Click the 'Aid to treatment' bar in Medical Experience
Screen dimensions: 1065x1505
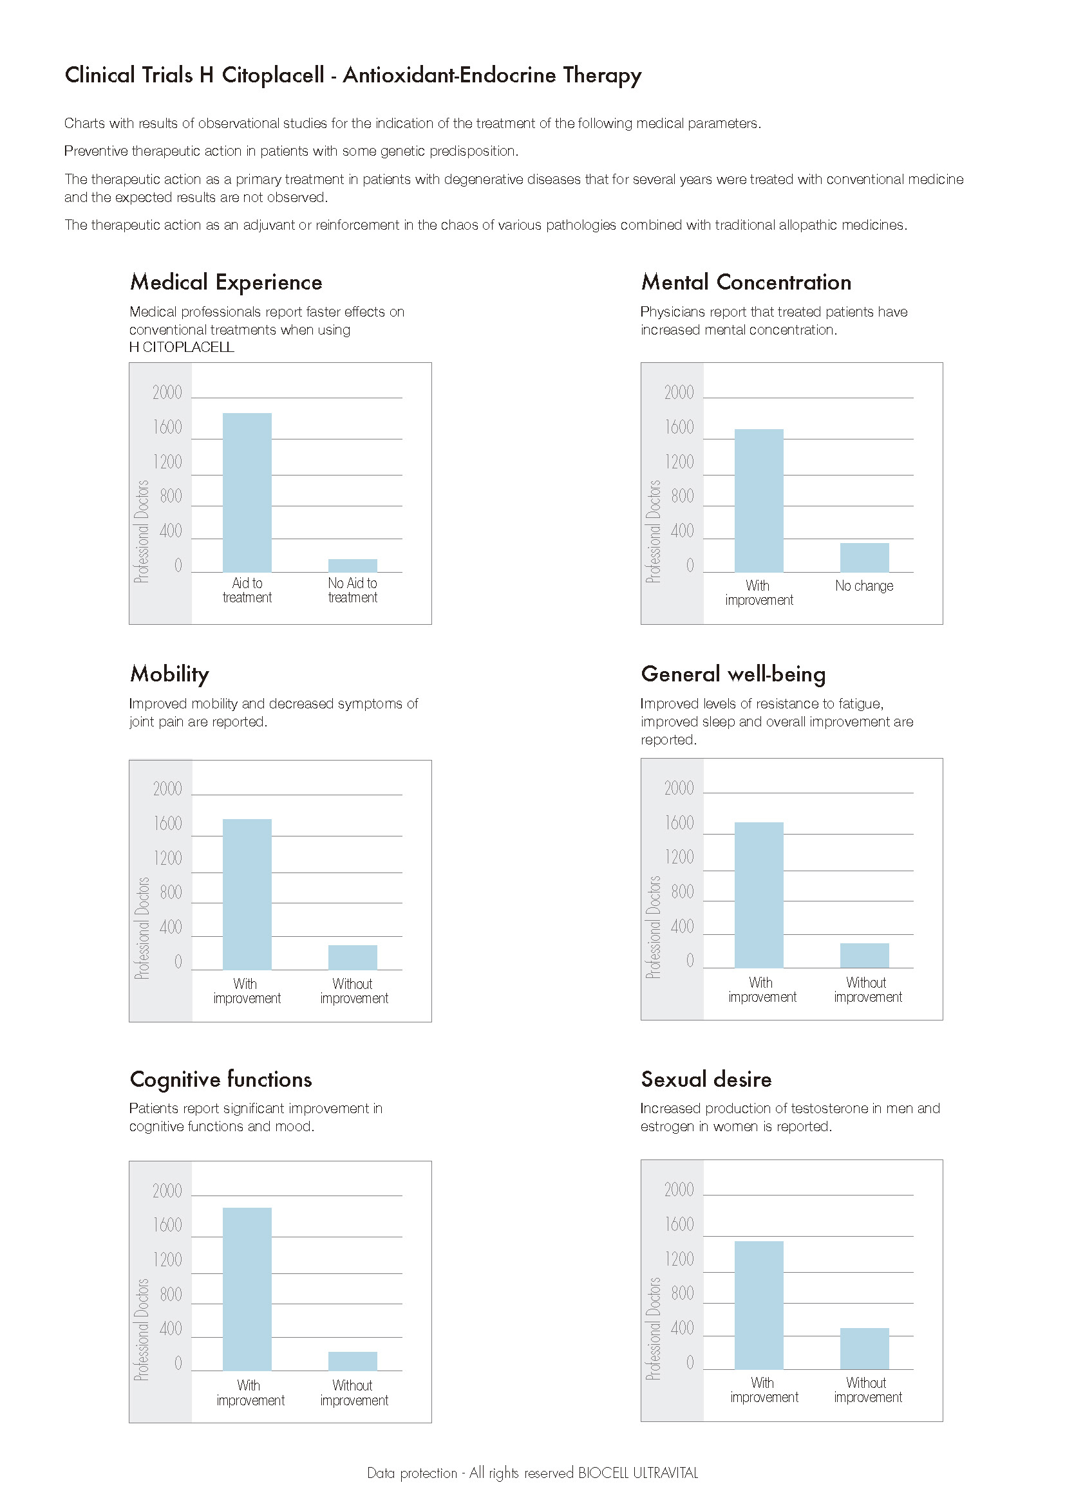pos(247,492)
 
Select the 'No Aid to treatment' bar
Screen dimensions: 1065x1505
pos(353,566)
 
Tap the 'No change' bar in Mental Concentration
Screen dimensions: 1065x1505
pos(864,558)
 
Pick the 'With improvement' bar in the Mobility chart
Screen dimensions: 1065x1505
pos(247,894)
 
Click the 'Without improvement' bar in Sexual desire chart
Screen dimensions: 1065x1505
pos(864,1349)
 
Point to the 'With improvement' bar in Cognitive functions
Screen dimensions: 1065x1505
pos(247,1289)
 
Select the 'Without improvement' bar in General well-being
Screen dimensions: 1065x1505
pos(864,956)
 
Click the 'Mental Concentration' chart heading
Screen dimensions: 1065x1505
pos(746,282)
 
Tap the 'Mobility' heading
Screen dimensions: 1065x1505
pos(170,674)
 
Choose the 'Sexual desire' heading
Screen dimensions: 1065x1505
pos(706,1079)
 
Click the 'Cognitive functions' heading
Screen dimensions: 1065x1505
pos(221,1080)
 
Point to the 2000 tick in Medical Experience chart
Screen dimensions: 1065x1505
pos(167,392)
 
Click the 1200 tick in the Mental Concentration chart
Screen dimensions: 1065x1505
pos(679,462)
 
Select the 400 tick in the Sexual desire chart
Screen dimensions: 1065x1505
pos(682,1328)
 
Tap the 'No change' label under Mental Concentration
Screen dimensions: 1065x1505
pos(864,586)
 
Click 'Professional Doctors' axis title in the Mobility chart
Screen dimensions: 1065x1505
pos(142,928)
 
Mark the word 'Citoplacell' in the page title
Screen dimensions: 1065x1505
pos(273,75)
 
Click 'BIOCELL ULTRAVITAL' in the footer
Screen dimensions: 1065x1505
pos(637,1473)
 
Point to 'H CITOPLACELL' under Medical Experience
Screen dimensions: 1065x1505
pos(182,347)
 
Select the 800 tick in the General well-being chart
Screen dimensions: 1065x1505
pos(682,891)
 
